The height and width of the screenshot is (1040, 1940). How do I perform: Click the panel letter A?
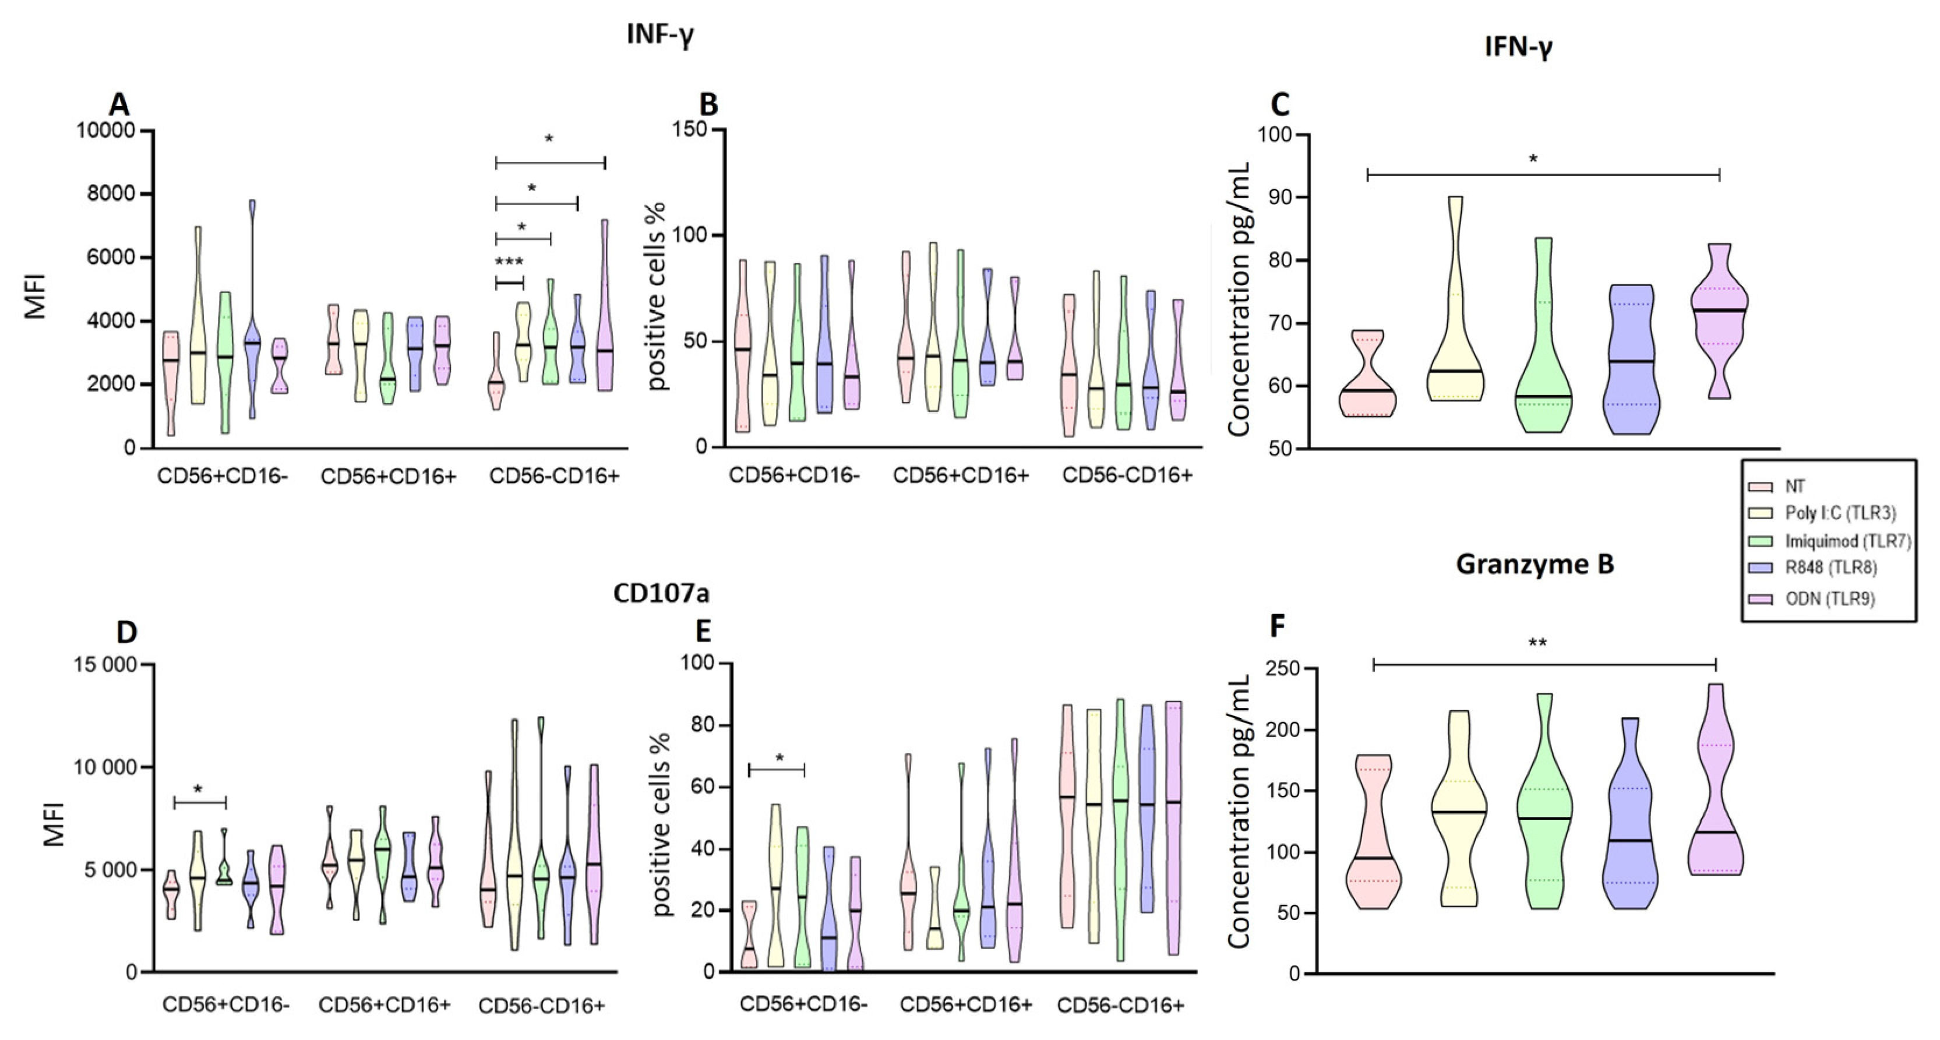tap(119, 104)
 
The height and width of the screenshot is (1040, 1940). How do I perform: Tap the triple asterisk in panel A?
tap(509, 263)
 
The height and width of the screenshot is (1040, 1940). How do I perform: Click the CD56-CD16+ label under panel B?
tap(1127, 475)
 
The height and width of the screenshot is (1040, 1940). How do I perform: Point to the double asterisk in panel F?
tap(1537, 643)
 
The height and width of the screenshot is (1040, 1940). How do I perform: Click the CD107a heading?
tap(661, 594)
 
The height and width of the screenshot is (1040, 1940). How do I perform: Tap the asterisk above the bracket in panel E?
tap(779, 757)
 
